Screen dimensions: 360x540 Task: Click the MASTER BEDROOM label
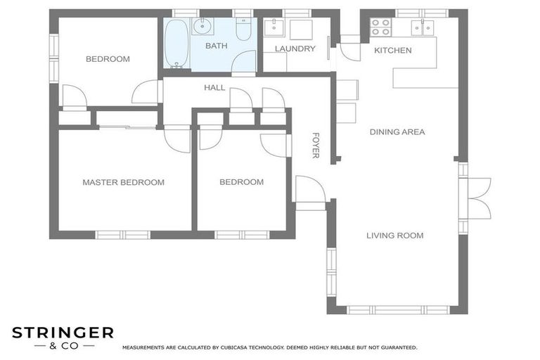pyautogui.click(x=123, y=182)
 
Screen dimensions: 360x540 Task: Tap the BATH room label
pyautogui.click(x=217, y=46)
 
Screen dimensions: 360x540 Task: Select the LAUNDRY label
pyautogui.click(x=295, y=49)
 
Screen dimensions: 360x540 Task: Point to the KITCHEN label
pyautogui.click(x=392, y=50)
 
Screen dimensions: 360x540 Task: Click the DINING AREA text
pyautogui.click(x=397, y=131)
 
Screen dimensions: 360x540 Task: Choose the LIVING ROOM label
pyautogui.click(x=394, y=236)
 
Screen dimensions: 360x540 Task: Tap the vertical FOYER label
pyautogui.click(x=316, y=145)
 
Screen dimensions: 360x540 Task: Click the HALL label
pyautogui.click(x=214, y=87)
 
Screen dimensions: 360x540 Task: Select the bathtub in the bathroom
pyautogui.click(x=177, y=44)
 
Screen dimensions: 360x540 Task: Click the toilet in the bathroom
pyautogui.click(x=243, y=30)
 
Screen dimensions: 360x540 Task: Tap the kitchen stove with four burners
pyautogui.click(x=380, y=27)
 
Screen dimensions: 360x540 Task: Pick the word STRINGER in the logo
pyautogui.click(x=62, y=332)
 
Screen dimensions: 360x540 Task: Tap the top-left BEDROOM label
pyautogui.click(x=108, y=59)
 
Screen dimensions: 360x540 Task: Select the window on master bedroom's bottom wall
pyautogui.click(x=122, y=235)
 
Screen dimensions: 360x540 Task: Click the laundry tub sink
pyautogui.click(x=274, y=28)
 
